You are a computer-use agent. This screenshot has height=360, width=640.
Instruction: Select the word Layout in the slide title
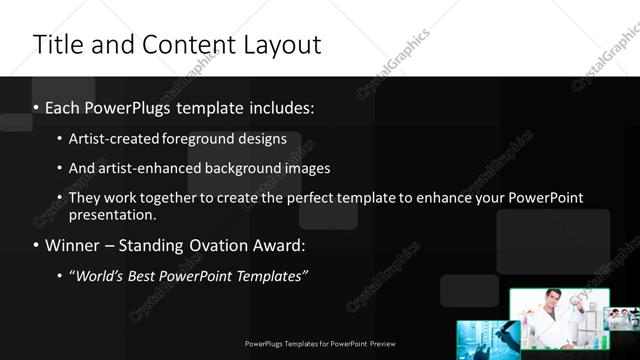point(279,45)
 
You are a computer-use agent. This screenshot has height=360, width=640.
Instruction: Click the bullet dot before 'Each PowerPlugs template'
point(36,108)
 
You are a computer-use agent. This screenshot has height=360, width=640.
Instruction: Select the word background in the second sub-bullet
point(242,168)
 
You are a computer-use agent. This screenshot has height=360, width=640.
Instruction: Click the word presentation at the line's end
point(111,214)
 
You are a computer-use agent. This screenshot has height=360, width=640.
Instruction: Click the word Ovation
point(211,245)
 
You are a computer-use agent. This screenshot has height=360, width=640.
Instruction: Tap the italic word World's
point(100,276)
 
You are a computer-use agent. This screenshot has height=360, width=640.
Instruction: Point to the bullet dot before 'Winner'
point(36,245)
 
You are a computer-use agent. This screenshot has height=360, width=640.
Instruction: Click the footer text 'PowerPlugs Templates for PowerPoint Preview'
point(320,343)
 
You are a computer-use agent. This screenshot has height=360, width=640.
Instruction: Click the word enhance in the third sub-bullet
point(440,198)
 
